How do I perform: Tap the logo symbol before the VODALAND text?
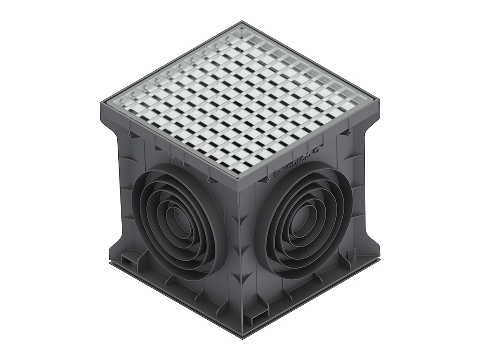(x=277, y=175)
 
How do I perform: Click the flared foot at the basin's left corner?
(x=112, y=255)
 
